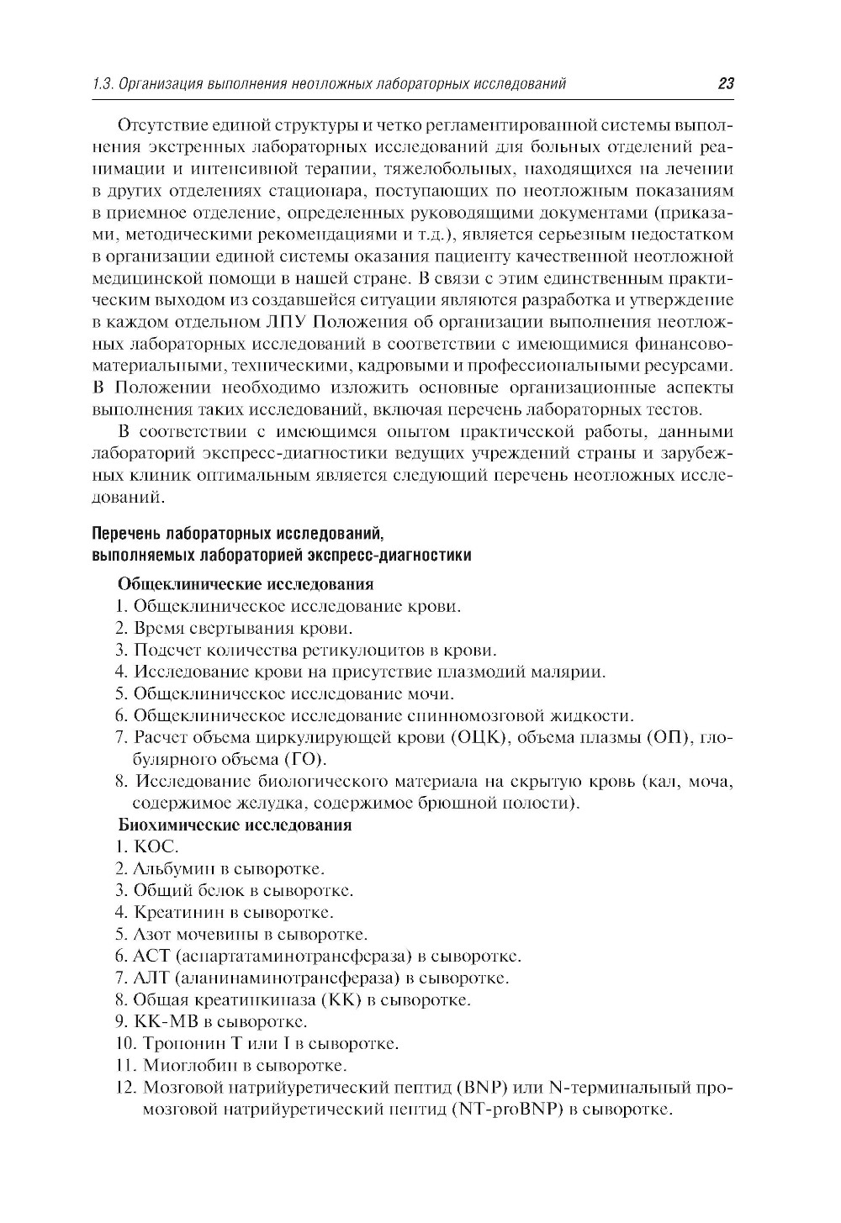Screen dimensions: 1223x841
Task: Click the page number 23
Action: [726, 83]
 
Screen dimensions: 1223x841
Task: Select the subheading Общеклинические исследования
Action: [245, 583]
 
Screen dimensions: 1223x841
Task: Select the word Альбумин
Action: [169, 868]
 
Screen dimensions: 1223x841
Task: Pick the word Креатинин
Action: [174, 912]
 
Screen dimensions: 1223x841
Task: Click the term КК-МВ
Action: [166, 1022]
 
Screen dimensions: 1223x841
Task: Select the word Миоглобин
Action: [181, 1066]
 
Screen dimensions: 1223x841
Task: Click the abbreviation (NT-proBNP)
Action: [505, 1110]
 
